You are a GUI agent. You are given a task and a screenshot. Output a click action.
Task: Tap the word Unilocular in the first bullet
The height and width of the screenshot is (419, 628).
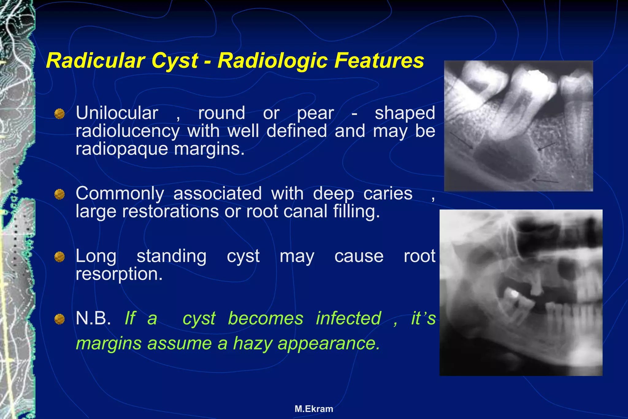point(117,113)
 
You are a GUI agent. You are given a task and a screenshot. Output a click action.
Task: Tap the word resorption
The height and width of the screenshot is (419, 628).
point(119,274)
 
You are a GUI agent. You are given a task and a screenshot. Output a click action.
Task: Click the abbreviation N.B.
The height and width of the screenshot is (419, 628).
point(93,318)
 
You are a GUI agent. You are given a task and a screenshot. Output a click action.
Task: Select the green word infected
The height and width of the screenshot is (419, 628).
point(348,318)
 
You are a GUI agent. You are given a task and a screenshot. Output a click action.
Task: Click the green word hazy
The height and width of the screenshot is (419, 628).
point(252,343)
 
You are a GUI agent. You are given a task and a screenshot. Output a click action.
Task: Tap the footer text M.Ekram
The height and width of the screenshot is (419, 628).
point(314,409)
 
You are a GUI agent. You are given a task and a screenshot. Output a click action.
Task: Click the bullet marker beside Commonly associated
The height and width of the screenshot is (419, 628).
point(59,194)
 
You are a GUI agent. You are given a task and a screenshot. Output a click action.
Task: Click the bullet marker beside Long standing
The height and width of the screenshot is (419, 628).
point(59,257)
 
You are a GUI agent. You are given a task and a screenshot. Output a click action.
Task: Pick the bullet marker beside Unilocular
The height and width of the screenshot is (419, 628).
point(59,114)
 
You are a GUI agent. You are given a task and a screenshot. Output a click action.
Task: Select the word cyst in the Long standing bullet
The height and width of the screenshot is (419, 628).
point(243,256)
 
